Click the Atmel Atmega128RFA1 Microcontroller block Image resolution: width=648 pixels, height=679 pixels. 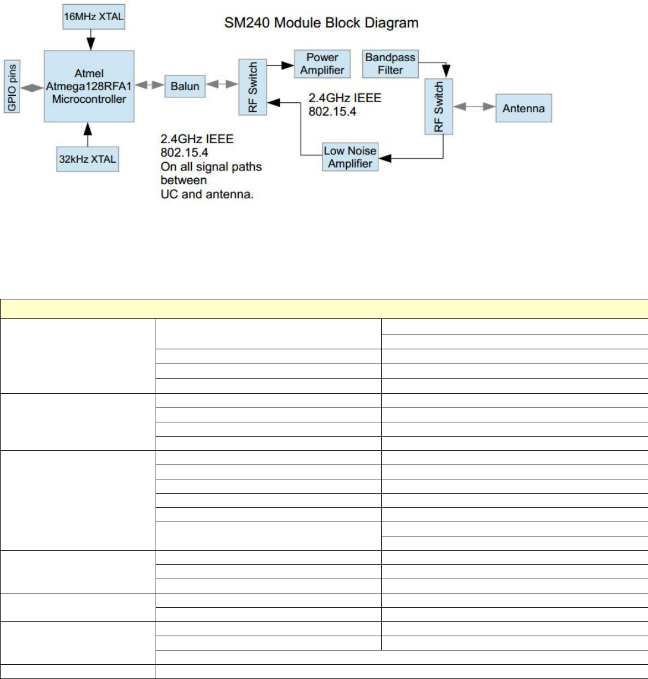click(89, 86)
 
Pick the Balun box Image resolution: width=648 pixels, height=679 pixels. click(183, 86)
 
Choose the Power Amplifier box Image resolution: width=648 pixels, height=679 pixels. click(321, 64)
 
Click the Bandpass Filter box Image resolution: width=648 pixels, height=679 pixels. click(390, 64)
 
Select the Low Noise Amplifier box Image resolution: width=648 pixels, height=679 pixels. click(350, 156)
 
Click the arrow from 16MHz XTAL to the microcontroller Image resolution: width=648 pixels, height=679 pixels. click(88, 37)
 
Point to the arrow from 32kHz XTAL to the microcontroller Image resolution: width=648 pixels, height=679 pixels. click(88, 134)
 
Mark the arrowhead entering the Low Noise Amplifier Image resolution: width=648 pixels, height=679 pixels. click(385, 159)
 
